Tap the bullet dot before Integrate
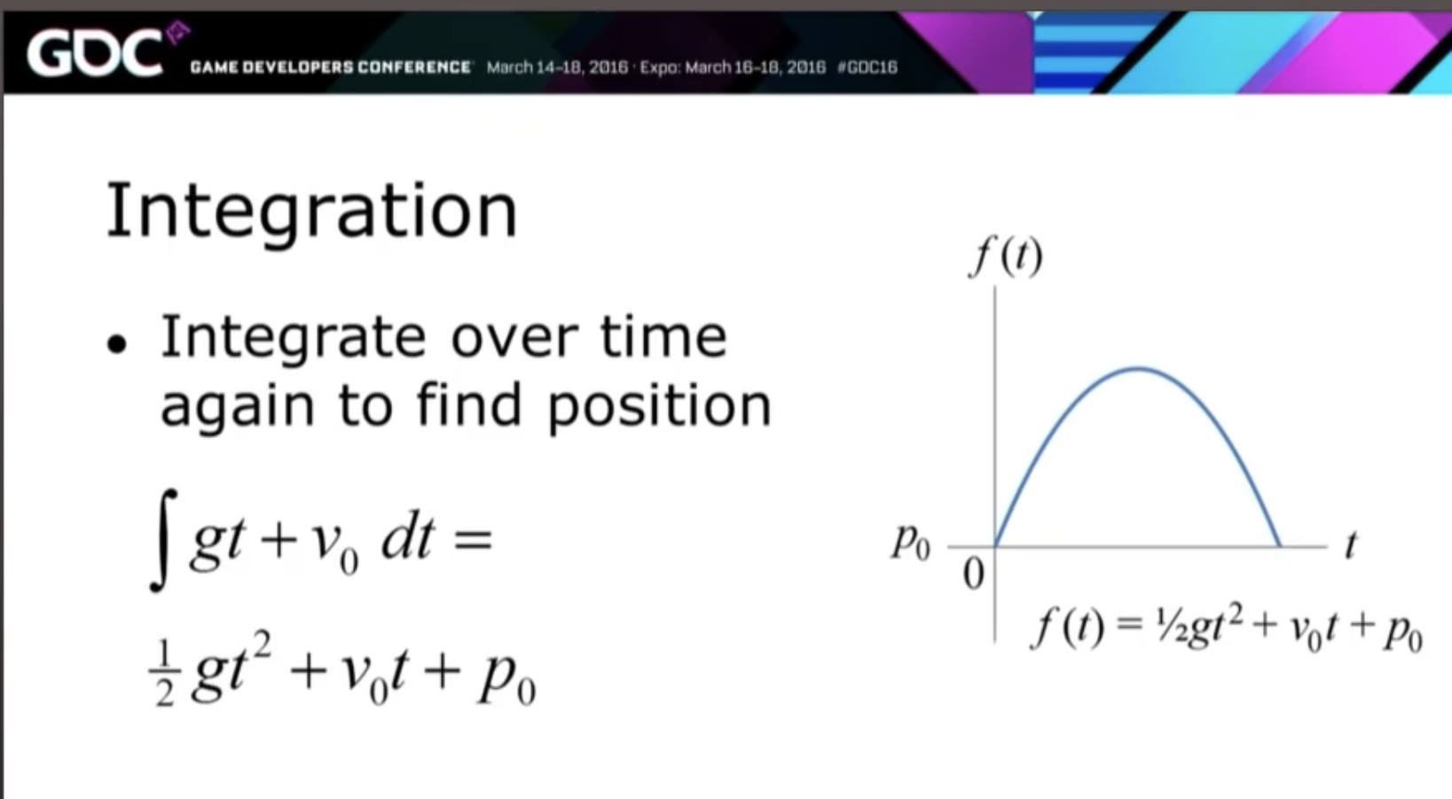click(117, 344)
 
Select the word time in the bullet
click(663, 336)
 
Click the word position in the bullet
click(660, 406)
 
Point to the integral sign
click(162, 540)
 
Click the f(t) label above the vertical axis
click(1005, 257)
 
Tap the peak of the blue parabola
click(1138, 369)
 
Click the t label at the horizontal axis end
click(1351, 545)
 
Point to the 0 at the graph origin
click(974, 574)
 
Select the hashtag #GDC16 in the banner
click(867, 67)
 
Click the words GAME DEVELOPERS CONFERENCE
click(331, 67)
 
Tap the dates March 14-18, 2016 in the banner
click(557, 67)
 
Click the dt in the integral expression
click(407, 539)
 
